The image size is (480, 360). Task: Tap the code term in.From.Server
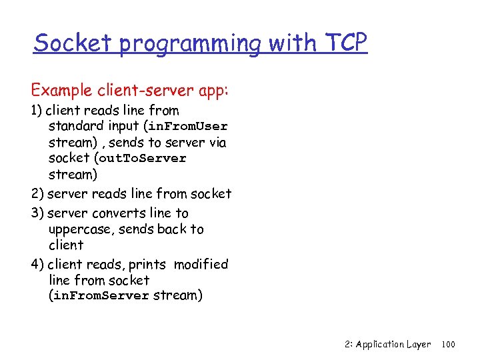(100, 296)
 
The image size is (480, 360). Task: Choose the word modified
(201, 264)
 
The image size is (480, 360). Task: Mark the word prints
(149, 265)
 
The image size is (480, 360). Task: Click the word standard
(75, 126)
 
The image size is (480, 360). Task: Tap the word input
(123, 127)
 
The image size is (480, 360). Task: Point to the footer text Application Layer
(393, 345)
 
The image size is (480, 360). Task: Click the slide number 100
(448, 345)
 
